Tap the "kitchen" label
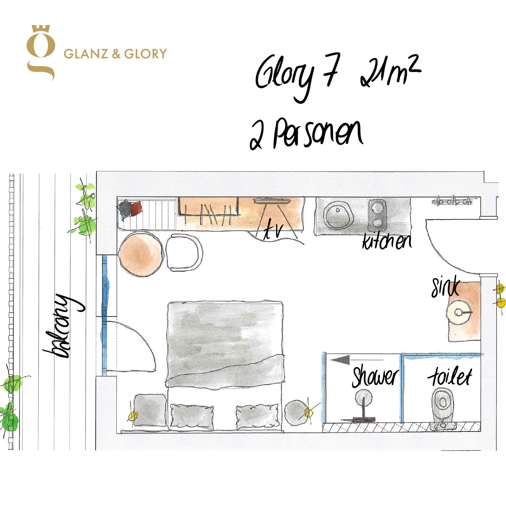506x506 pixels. pyautogui.click(x=387, y=241)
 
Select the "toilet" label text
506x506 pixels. pyautogui.click(x=450, y=376)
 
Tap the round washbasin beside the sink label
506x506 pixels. pyautogui.click(x=459, y=313)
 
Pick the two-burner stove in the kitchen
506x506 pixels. pyautogui.click(x=377, y=215)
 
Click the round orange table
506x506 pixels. pyautogui.click(x=141, y=254)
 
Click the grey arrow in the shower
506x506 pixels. pyautogui.click(x=357, y=360)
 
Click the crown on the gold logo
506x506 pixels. pyautogui.click(x=41, y=29)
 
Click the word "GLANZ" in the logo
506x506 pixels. pyautogui.click(x=86, y=53)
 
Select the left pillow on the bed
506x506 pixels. pyautogui.click(x=192, y=417)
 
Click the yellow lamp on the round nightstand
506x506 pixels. pyautogui.click(x=309, y=412)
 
